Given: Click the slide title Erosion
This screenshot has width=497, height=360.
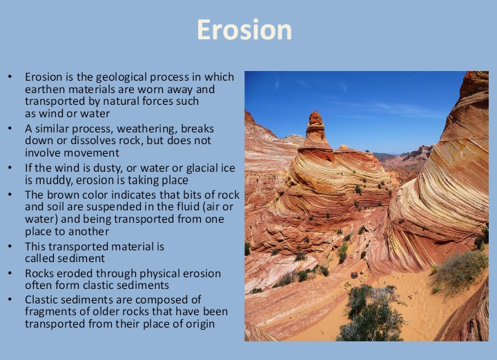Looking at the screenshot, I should click(x=244, y=30).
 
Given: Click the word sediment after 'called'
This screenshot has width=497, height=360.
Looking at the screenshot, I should click(x=82, y=258).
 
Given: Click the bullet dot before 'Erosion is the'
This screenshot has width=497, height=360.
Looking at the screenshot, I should click(x=10, y=77).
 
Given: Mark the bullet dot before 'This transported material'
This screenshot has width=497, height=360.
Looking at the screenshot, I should click(x=10, y=246).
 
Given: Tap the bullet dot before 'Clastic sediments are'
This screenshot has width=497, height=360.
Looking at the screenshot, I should click(x=10, y=299).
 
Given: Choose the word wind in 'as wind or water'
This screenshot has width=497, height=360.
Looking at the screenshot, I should click(x=53, y=114).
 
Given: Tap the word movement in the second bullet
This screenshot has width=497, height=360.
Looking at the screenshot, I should click(x=88, y=154).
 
